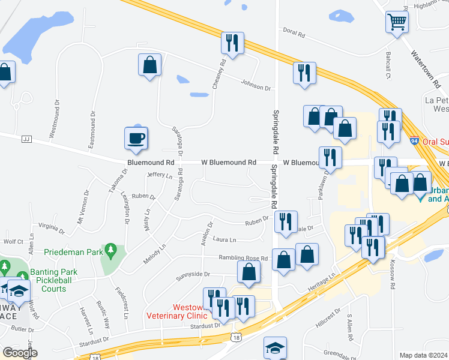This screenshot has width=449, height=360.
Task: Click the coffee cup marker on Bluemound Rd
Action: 136,138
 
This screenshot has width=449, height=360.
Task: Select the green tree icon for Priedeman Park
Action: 110,248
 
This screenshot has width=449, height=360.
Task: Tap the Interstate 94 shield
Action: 414,140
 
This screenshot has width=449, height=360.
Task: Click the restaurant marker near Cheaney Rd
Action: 232,43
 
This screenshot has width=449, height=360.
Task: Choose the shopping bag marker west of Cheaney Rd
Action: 149,65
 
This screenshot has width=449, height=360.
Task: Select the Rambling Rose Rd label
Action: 243,259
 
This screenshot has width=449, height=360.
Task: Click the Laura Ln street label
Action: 224,240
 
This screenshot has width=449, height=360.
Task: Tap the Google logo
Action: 20,353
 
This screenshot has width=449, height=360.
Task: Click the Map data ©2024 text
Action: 423,355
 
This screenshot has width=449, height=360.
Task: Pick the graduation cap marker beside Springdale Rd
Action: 275,347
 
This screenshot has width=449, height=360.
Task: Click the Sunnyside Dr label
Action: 193,274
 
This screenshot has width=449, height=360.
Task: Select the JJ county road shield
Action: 25,139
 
